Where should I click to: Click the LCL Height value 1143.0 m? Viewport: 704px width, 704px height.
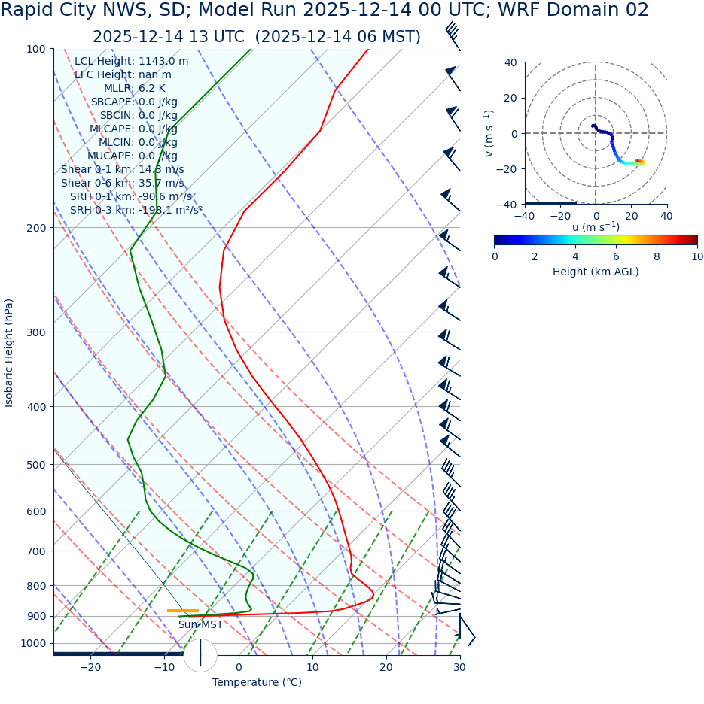pyautogui.click(x=163, y=61)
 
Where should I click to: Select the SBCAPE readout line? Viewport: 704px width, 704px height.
pyautogui.click(x=134, y=102)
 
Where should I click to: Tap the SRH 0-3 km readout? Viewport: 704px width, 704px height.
pyautogui.click(x=136, y=210)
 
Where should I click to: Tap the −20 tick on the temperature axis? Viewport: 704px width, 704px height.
pyautogui.click(x=90, y=667)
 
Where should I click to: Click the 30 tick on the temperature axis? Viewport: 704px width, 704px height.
pyautogui.click(x=459, y=667)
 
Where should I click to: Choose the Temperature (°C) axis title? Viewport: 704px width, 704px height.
pyautogui.click(x=257, y=682)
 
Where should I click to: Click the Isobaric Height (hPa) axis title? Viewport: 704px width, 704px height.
pyautogui.click(x=9, y=353)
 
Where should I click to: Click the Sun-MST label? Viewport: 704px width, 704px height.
pyautogui.click(x=200, y=624)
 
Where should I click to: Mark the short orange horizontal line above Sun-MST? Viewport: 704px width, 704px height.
pyautogui.click(x=182, y=610)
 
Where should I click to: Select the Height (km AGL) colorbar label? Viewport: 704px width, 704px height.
pyautogui.click(x=596, y=272)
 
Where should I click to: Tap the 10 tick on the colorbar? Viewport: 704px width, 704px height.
pyautogui.click(x=697, y=256)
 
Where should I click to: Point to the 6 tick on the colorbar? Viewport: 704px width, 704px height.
pyautogui.click(x=616, y=256)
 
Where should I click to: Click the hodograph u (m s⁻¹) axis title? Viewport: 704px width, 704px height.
pyautogui.click(x=596, y=227)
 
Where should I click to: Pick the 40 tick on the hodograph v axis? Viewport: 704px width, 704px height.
pyautogui.click(x=510, y=62)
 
